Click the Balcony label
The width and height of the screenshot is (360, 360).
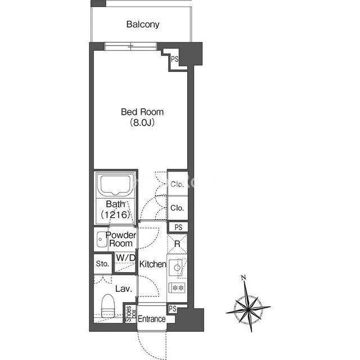143,24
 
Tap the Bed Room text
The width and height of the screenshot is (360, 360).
142,112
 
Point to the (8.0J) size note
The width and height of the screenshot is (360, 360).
142,123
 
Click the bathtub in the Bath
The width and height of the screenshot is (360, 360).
115,185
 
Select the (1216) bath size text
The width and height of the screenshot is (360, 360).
115,214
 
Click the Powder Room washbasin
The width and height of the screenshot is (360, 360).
101,239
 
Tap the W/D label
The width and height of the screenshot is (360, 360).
125,258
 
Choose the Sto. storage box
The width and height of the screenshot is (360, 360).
103,264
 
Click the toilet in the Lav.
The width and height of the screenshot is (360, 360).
108,306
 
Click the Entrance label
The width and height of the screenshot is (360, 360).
151,319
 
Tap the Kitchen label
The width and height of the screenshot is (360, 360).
152,264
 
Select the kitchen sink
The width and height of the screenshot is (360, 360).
176,268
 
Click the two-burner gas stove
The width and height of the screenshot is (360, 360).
177,287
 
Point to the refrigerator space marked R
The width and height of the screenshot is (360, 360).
177,244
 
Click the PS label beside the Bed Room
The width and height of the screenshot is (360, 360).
174,59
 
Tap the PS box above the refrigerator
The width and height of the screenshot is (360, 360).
178,227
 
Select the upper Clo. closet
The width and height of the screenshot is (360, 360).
177,184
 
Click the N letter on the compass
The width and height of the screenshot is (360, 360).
244,277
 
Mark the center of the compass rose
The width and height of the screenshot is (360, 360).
249,309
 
